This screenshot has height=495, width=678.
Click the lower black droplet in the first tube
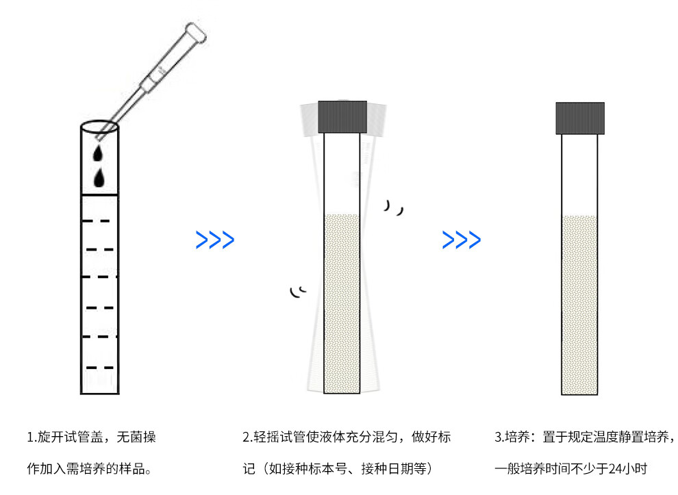pos(100,178)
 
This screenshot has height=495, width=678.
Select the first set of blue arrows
pos(215,240)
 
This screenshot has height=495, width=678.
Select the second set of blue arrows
pos(461,240)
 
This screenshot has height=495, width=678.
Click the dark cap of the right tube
pos(580,117)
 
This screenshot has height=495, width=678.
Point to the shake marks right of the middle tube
pos(393,207)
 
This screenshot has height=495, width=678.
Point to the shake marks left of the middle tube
pos(297,292)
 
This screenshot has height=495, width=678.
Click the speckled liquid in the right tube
pos(580,305)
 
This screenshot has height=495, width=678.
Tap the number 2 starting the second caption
pos(247,437)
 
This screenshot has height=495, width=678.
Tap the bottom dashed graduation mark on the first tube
pos(100,368)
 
